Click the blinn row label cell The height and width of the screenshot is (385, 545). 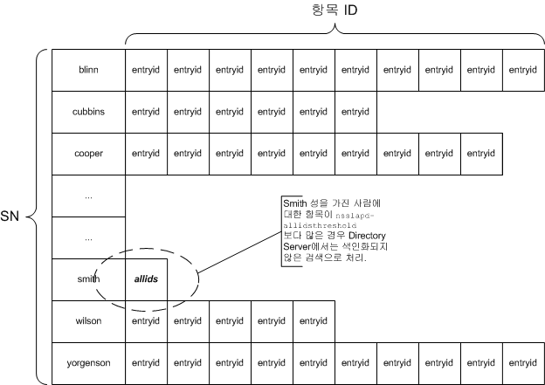pyautogui.click(x=88, y=70)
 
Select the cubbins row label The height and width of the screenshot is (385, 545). pyautogui.click(x=88, y=112)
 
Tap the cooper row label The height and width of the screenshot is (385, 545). pyautogui.click(x=88, y=154)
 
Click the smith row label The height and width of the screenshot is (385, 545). pyautogui.click(x=88, y=279)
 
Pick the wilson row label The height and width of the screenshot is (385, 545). pyautogui.click(x=88, y=320)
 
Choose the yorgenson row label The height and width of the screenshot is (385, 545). pyautogui.click(x=88, y=363)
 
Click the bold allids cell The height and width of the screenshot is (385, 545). pyautogui.click(x=147, y=279)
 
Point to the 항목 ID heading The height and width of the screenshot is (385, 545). pyautogui.click(x=335, y=10)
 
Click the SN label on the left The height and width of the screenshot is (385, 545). pyautogui.click(x=10, y=217)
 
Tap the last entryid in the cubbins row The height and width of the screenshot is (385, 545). pyautogui.click(x=355, y=112)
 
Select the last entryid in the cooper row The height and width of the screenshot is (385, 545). pyautogui.click(x=481, y=154)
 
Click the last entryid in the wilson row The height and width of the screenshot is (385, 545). pyautogui.click(x=314, y=321)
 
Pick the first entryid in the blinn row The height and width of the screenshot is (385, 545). pyautogui.click(x=147, y=70)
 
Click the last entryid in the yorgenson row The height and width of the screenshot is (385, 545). pyautogui.click(x=523, y=363)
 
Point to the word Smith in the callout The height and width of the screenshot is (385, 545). pyautogui.click(x=294, y=203)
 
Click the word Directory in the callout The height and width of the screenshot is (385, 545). pyautogui.click(x=367, y=236)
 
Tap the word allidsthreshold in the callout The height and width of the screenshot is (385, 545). pyautogui.click(x=320, y=225)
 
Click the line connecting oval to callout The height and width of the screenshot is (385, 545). pyautogui.click(x=239, y=252)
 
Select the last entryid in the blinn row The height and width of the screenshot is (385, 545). pyautogui.click(x=523, y=70)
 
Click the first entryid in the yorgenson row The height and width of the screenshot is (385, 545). pyautogui.click(x=147, y=363)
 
